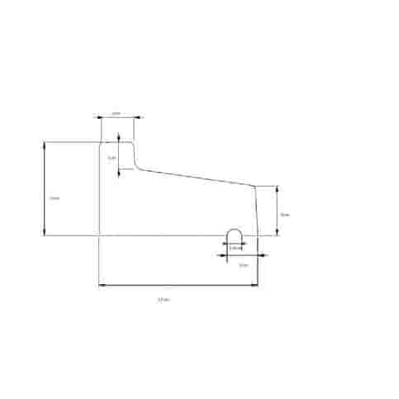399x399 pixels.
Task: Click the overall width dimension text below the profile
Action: pyautogui.click(x=162, y=298)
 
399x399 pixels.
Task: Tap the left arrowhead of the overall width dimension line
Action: pyautogui.click(x=102, y=286)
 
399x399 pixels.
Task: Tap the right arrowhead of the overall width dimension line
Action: pyautogui.click(x=253, y=286)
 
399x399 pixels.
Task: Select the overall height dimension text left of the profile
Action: pyautogui.click(x=54, y=198)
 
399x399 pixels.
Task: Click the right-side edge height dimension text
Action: pyautogui.click(x=283, y=214)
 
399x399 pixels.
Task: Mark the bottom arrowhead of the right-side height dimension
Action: pyautogui.click(x=276, y=233)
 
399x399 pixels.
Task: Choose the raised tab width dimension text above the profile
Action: pyautogui.click(x=116, y=112)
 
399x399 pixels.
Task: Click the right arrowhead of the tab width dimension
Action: pyautogui.click(x=137, y=117)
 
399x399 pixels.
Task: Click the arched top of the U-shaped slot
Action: pyautogui.click(x=235, y=229)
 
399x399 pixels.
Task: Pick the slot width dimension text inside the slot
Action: pyautogui.click(x=235, y=247)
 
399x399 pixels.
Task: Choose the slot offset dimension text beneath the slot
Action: pyautogui.click(x=243, y=265)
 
